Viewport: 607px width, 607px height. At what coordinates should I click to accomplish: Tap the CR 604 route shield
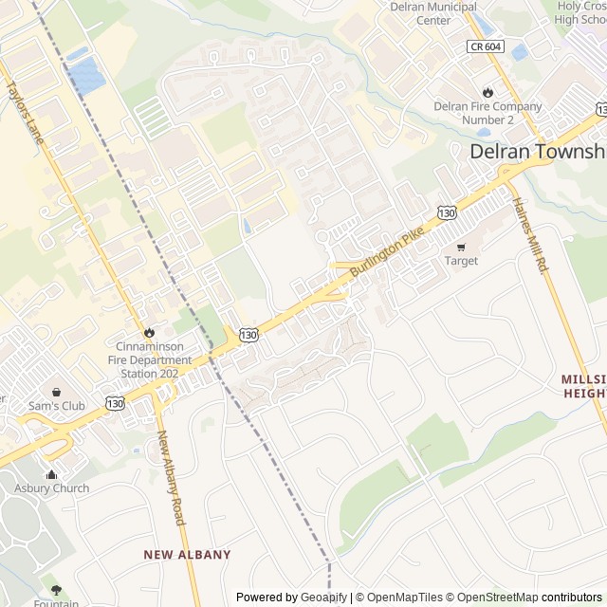click(x=484, y=46)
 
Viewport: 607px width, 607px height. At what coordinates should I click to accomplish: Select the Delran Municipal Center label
click(x=433, y=13)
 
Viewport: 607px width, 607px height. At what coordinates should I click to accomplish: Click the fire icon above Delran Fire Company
click(x=487, y=92)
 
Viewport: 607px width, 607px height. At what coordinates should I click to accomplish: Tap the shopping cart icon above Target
click(x=462, y=247)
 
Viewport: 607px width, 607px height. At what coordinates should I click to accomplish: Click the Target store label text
click(x=462, y=261)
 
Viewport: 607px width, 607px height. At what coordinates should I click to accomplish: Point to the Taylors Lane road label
click(x=26, y=104)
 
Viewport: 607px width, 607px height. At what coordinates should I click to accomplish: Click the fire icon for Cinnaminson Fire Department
click(x=149, y=332)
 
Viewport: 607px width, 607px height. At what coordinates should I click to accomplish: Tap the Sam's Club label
click(x=57, y=406)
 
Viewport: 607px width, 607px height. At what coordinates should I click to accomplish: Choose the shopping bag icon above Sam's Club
click(x=57, y=392)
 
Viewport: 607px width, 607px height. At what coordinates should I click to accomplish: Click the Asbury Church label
click(x=51, y=488)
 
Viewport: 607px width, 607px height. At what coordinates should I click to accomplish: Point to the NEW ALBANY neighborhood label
click(x=187, y=555)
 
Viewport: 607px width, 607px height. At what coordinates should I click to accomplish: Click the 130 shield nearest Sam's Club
click(x=115, y=403)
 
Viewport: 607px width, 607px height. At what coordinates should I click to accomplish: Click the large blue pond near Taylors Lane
click(x=86, y=75)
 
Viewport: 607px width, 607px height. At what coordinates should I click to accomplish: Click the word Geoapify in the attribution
click(x=323, y=598)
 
